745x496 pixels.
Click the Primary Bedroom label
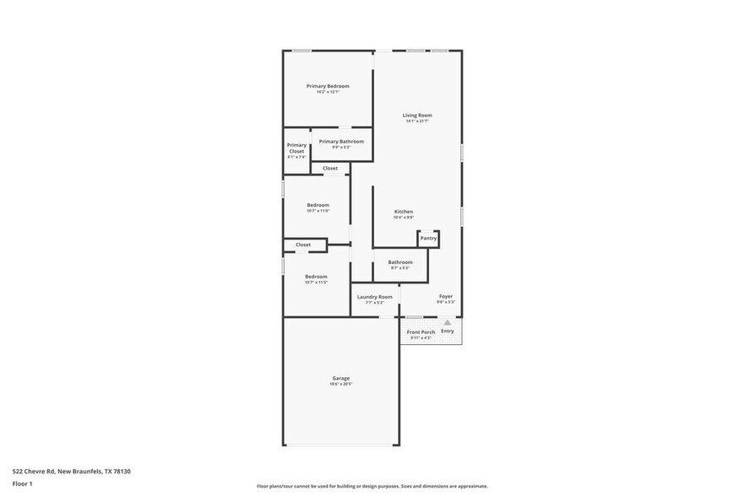(x=328, y=86)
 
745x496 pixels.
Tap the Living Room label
(x=417, y=115)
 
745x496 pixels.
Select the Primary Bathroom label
(x=341, y=141)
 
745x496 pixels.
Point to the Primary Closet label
(x=296, y=148)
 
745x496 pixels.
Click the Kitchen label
(x=403, y=211)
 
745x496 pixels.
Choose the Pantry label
(x=428, y=238)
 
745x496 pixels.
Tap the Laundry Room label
(x=374, y=297)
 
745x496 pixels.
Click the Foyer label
(x=446, y=296)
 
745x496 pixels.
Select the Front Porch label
(x=421, y=332)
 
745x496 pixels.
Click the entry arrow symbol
(x=447, y=322)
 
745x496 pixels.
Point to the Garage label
(x=340, y=378)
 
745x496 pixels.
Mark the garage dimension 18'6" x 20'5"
(x=340, y=385)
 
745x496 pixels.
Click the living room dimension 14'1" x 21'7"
(x=417, y=121)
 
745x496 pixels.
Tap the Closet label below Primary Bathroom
(x=330, y=168)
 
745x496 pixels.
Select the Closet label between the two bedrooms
(x=303, y=245)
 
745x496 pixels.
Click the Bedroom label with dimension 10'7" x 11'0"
(x=318, y=205)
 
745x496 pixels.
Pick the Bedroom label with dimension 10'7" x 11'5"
(x=316, y=277)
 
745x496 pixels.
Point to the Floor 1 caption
(x=22, y=483)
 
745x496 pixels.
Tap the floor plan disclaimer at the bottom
(x=372, y=486)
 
